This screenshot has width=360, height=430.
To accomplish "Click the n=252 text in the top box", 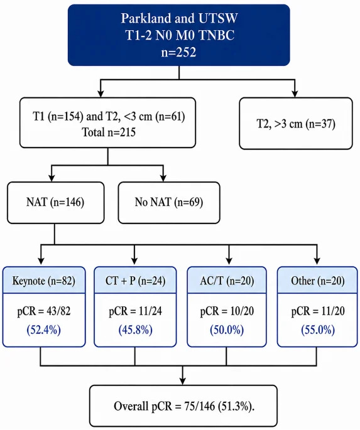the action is tap(178, 52).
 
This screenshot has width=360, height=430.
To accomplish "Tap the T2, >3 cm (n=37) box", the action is tap(296, 124).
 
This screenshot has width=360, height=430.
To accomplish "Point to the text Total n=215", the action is tap(109, 132).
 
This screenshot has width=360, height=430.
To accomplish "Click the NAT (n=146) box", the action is tap(56, 203).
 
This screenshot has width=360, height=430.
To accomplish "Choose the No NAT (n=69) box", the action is tap(169, 203).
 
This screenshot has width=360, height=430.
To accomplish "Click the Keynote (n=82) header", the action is tap(44, 280).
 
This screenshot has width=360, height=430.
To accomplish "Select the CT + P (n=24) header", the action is tap(135, 280).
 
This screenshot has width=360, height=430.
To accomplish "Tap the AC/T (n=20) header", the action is tap(227, 280).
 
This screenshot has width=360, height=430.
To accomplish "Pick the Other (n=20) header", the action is tap(317, 280).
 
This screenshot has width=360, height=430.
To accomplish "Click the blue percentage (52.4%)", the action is tap(43, 330).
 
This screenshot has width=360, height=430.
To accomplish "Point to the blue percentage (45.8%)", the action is tap(135, 330).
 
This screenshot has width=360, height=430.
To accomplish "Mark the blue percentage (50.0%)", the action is tap(227, 330).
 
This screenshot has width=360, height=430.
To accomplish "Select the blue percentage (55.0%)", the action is tap(318, 330).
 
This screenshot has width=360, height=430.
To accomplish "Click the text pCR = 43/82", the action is tap(44, 311).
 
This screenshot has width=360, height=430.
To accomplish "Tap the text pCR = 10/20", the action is tap(227, 311).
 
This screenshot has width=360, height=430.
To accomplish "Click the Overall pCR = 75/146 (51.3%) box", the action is tap(183, 406).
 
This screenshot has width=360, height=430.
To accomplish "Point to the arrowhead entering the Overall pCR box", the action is tap(182, 381).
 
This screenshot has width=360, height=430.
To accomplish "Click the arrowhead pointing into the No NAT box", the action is tap(163, 178).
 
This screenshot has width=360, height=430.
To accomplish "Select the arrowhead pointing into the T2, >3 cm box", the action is tap(295, 94).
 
